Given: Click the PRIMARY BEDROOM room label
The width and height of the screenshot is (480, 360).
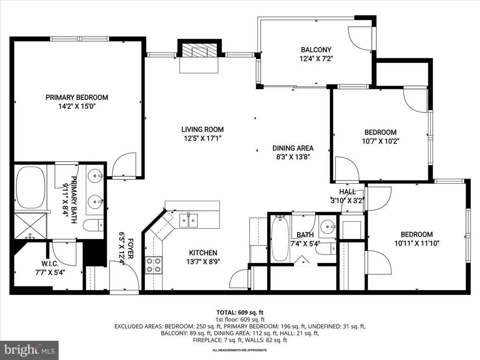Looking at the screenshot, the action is tap(77, 97).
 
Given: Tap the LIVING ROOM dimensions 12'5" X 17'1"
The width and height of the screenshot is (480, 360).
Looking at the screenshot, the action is tap(202, 138).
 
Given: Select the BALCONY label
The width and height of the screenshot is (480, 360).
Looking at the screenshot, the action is tap(316, 50).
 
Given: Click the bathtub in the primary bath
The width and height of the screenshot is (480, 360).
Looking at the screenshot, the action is tap(30, 187).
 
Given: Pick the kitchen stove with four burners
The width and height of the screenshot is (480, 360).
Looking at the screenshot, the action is tap(153, 265).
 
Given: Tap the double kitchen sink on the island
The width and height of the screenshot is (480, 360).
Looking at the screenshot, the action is tap(188, 220).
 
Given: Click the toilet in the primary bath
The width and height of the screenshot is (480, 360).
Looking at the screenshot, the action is tap(93, 225).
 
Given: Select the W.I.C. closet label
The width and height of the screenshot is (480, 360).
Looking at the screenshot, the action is tap(50, 263).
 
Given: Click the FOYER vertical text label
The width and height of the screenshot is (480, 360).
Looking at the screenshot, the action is tap(130, 248).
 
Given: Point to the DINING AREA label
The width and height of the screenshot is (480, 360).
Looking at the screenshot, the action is tap(293, 148).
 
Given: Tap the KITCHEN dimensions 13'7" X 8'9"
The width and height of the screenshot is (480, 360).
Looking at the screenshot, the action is tap(203, 262).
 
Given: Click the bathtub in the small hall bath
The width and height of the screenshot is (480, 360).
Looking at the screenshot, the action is tap(280, 238).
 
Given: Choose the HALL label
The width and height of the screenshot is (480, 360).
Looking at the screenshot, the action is tap(347, 192).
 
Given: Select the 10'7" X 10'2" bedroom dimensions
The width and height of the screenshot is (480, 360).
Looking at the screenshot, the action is tap(381, 141).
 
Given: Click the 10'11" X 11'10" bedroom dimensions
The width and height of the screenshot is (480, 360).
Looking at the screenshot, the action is tap(417, 243).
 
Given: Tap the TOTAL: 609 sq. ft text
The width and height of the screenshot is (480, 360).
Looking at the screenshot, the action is tap(240, 313).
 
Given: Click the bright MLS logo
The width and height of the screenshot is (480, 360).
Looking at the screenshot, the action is tap(30, 350).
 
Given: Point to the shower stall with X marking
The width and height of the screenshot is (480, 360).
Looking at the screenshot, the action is tap(30, 226).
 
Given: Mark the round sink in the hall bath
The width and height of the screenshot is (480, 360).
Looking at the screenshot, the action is tap(328, 226).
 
